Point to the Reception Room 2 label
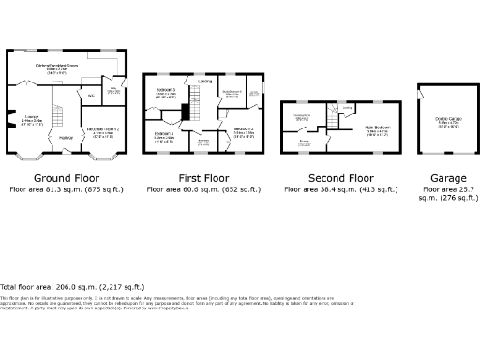pyautogui.click(x=102, y=128)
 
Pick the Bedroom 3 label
pyautogui.click(x=167, y=91)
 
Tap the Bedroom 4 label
pyautogui.click(x=164, y=134)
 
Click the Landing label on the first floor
pyautogui.click(x=203, y=80)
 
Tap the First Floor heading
pyautogui.click(x=203, y=177)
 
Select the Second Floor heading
pyautogui.click(x=341, y=177)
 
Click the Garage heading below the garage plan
pyautogui.click(x=441, y=177)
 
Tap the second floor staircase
pyautogui.click(x=331, y=118)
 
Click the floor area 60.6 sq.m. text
pyautogui.click(x=203, y=188)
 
